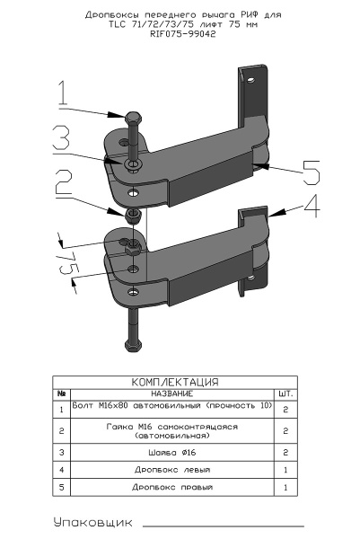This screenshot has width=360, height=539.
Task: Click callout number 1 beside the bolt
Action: pyautogui.click(x=62, y=93)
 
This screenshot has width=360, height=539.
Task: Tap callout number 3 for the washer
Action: pyautogui.click(x=61, y=137)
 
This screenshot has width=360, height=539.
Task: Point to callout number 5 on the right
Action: pyautogui.click(x=311, y=172)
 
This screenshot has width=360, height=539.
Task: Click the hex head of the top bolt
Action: pyautogui.click(x=134, y=118)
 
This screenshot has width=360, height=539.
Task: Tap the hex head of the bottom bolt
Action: pyautogui.click(x=133, y=345)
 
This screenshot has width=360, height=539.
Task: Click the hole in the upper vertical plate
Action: pyautogui.click(x=251, y=81)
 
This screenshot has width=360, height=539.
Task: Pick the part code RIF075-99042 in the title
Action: pyautogui.click(x=183, y=34)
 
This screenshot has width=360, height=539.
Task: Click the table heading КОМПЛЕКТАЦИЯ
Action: pyautogui.click(x=175, y=382)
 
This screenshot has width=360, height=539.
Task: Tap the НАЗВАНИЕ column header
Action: pyautogui.click(x=172, y=393)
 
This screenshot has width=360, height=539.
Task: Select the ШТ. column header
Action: pyautogui.click(x=285, y=393)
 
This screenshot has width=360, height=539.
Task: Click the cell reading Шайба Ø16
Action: pyautogui.click(x=172, y=453)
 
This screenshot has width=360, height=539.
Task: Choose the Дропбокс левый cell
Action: pyautogui.click(x=172, y=470)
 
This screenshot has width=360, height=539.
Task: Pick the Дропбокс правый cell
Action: pyautogui.click(x=172, y=487)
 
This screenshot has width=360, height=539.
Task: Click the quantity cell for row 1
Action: pyautogui.click(x=285, y=410)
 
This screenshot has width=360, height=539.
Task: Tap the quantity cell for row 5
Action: pyautogui.click(x=285, y=487)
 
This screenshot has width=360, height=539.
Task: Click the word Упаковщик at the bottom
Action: pyautogui.click(x=92, y=523)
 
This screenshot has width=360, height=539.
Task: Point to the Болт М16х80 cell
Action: pyautogui.click(x=172, y=410)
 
